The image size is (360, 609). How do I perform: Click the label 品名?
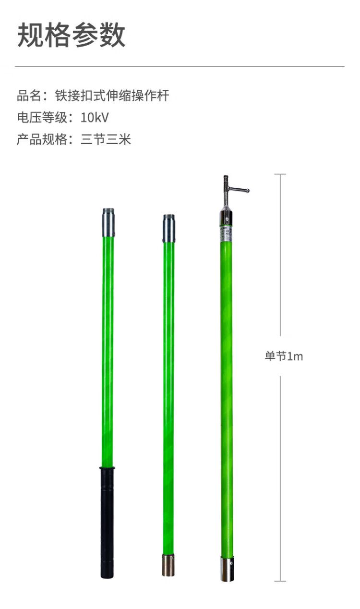pyautogui.click(x=29, y=96)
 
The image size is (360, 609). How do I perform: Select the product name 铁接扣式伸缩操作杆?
pyautogui.click(x=112, y=96)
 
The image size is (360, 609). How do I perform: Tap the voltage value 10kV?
pyautogui.click(x=95, y=118)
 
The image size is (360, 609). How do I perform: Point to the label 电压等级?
pyautogui.click(x=42, y=118)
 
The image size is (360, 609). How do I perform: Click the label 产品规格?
pyautogui.click(x=42, y=139)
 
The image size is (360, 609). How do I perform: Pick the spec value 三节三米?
pyautogui.click(x=106, y=139)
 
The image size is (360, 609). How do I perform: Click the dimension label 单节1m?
pyautogui.click(x=284, y=356)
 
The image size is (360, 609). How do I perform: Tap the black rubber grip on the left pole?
pyautogui.click(x=107, y=523)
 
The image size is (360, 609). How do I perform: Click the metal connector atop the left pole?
pyautogui.click(x=108, y=222)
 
